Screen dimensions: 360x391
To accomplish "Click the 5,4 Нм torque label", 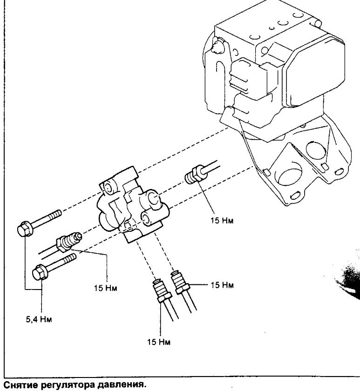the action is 39,319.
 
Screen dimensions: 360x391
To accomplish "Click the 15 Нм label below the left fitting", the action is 105,288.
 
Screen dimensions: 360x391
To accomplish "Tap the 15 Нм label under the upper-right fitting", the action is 222,221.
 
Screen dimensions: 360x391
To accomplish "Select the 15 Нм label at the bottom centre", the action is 159,342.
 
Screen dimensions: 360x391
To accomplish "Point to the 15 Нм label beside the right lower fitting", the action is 222,285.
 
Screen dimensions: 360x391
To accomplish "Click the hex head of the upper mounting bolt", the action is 25,229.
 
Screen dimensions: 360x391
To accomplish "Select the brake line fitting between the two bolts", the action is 69,241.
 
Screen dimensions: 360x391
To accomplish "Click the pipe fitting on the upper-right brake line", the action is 197,175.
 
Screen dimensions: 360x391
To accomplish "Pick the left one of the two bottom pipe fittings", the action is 162,290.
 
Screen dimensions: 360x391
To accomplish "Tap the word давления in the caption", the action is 121,385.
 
